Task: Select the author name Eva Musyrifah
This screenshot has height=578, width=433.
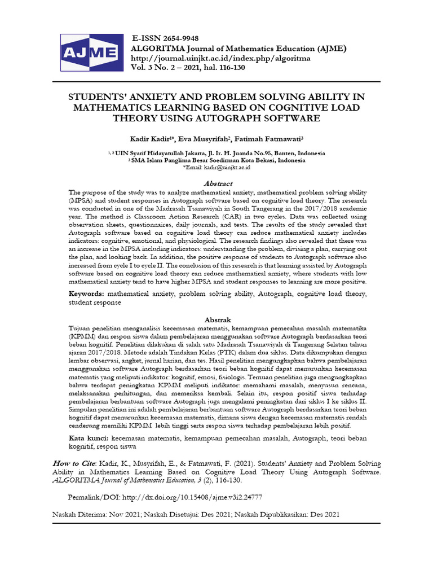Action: (x=202, y=138)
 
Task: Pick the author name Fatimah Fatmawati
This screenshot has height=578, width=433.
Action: (x=270, y=138)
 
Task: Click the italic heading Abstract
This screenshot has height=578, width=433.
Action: (x=218, y=183)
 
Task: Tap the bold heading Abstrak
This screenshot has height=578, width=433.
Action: (x=218, y=319)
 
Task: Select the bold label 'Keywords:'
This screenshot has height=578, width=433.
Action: (x=87, y=294)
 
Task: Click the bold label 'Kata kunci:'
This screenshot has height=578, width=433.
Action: (x=89, y=438)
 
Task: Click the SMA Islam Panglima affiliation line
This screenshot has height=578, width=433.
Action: (x=218, y=160)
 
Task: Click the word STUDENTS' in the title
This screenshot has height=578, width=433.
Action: (x=99, y=97)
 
